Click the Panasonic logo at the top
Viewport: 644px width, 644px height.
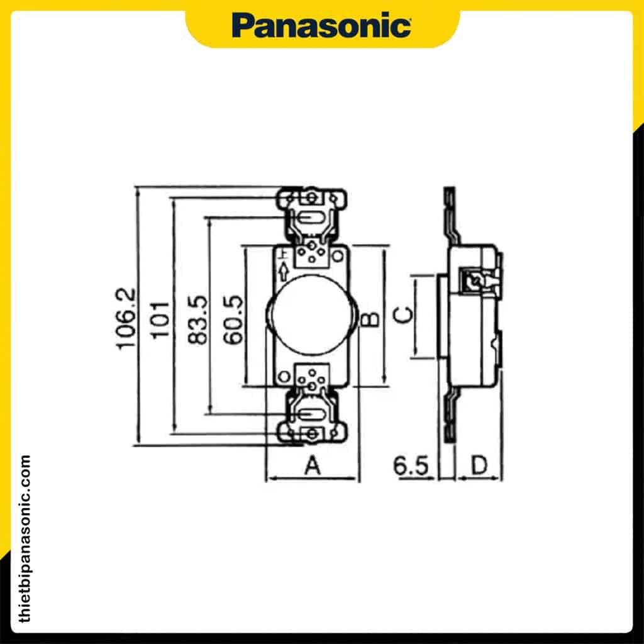tap(321, 26)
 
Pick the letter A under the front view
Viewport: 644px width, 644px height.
tap(313, 466)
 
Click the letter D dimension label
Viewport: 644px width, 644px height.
tap(480, 465)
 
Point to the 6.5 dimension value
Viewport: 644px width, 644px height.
tap(410, 466)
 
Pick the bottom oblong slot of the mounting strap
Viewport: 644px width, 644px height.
tap(312, 414)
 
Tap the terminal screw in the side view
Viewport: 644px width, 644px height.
tap(470, 279)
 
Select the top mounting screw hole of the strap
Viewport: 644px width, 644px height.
tap(311, 199)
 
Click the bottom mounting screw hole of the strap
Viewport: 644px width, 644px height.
tap(312, 433)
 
